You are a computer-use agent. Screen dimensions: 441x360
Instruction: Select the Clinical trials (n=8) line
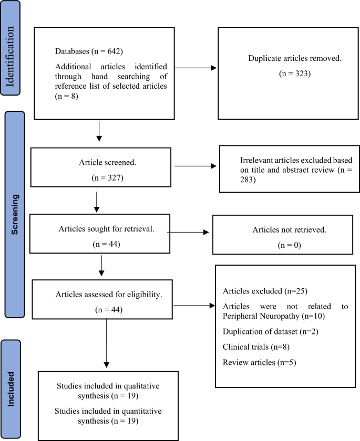click(249, 346)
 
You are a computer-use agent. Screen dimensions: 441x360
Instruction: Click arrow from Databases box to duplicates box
click(195, 68)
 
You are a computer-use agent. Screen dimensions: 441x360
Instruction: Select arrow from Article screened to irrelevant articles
click(195, 166)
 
